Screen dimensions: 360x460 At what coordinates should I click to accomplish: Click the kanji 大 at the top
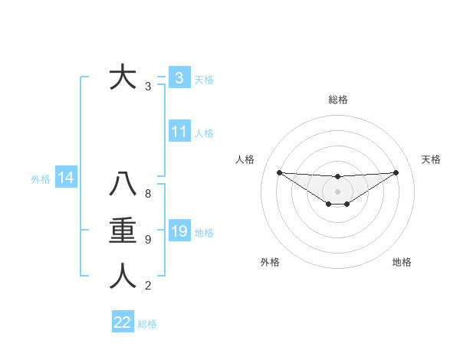pyautogui.click(x=123, y=78)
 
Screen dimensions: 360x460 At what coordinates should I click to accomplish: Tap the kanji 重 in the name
pyautogui.click(x=123, y=231)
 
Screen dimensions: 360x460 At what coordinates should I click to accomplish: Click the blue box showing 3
pyautogui.click(x=179, y=78)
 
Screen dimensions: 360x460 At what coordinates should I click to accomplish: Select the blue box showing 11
pyautogui.click(x=179, y=132)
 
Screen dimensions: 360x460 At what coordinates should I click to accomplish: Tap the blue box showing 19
pyautogui.click(x=179, y=231)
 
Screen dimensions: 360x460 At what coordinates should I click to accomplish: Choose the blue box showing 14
pyautogui.click(x=65, y=178)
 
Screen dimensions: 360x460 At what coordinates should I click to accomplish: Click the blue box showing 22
pyautogui.click(x=122, y=322)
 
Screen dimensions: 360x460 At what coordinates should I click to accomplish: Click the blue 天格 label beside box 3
pyautogui.click(x=204, y=80)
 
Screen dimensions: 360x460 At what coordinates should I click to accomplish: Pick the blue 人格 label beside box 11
pyautogui.click(x=204, y=133)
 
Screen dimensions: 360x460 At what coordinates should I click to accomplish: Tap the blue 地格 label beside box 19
pyautogui.click(x=204, y=233)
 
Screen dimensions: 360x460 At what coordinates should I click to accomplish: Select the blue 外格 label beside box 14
pyautogui.click(x=41, y=180)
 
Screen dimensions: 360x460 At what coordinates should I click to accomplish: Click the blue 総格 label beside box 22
pyautogui.click(x=147, y=324)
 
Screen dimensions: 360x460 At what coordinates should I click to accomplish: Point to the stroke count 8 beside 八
pyautogui.click(x=148, y=194)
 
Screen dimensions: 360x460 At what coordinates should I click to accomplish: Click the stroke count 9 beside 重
pyautogui.click(x=148, y=240)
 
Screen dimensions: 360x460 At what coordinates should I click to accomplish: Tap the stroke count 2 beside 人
pyautogui.click(x=148, y=286)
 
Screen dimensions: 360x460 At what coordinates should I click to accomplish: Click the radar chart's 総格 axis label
pyautogui.click(x=337, y=100)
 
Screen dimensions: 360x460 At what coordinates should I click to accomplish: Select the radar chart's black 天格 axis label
pyautogui.click(x=432, y=159)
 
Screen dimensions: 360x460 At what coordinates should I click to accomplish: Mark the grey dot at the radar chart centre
pyautogui.click(x=337, y=191)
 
